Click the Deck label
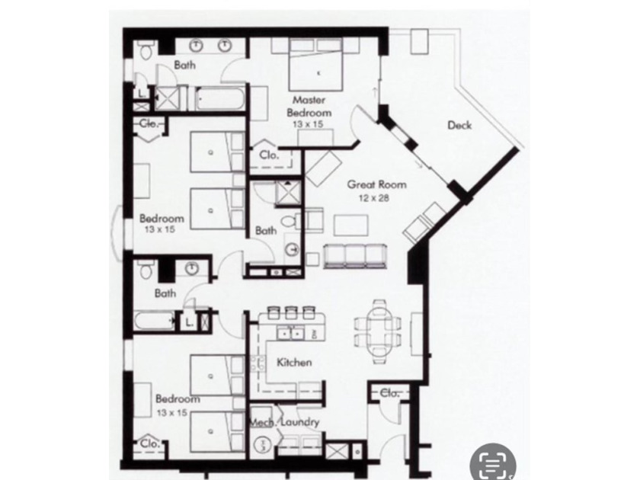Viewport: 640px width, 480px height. pos(459,126)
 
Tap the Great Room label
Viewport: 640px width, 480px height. pos(376,184)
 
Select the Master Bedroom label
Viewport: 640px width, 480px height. pos(308,106)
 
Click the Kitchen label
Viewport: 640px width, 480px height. pos(293,363)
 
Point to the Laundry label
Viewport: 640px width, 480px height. pos(299,422)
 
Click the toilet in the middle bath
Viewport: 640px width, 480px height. pos(290,222)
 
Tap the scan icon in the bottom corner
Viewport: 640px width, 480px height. pos(494,459)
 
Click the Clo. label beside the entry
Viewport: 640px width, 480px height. pos(390,393)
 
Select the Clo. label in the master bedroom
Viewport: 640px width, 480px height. pos(269,153)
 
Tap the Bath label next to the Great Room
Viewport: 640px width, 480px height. pos(266,229)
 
